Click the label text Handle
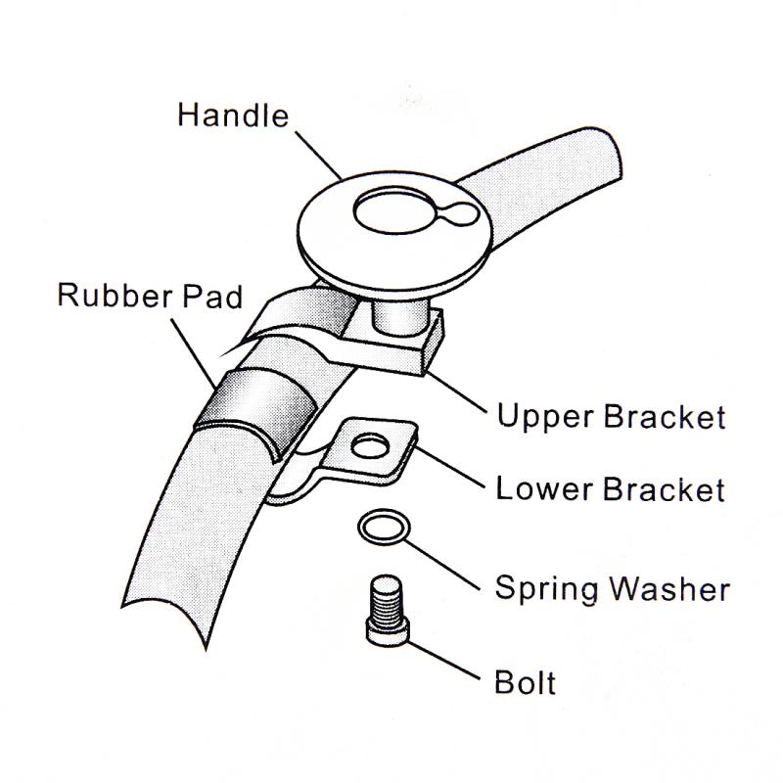233,115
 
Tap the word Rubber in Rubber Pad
115,295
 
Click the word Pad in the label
212,296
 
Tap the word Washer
670,588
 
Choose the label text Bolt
525,681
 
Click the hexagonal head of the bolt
388,630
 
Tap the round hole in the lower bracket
370,446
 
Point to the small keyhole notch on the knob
460,214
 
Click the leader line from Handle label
319,156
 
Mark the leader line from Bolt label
443,660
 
